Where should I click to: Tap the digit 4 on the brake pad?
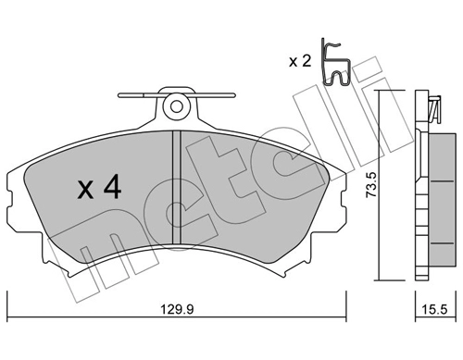[110, 190]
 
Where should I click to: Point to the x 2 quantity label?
[300, 62]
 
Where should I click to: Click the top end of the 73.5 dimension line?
[380, 91]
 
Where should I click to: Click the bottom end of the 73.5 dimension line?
[380, 279]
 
